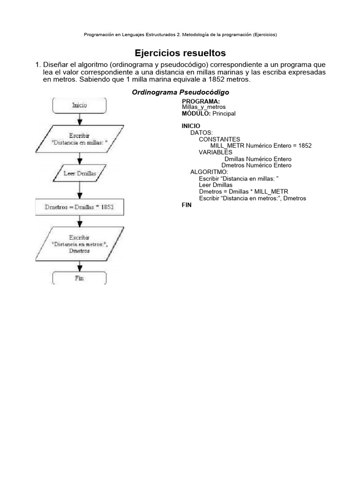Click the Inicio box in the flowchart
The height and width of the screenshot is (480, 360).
click(x=80, y=105)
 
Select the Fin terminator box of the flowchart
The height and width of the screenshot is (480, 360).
click(x=80, y=278)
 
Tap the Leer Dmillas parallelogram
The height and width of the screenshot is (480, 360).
click(x=80, y=173)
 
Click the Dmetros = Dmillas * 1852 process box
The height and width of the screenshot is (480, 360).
click(x=80, y=206)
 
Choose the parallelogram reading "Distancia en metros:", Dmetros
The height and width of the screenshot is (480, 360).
click(x=80, y=244)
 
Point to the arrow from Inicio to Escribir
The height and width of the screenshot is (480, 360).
click(x=80, y=119)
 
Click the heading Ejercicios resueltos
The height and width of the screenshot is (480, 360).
click(x=180, y=53)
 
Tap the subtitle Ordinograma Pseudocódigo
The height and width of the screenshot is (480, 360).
click(x=180, y=92)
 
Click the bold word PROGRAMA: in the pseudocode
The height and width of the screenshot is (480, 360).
click(x=201, y=102)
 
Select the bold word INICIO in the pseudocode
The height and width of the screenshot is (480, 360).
click(x=191, y=126)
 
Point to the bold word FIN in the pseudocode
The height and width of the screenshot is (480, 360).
click(x=187, y=205)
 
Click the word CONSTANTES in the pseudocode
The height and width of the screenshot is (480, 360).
click(x=219, y=139)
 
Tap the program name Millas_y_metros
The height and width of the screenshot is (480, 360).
click(x=203, y=107)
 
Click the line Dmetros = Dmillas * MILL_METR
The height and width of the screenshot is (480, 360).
click(x=243, y=192)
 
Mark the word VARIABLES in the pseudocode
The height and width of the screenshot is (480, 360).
click(x=216, y=152)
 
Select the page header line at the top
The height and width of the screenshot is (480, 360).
click(x=180, y=35)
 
